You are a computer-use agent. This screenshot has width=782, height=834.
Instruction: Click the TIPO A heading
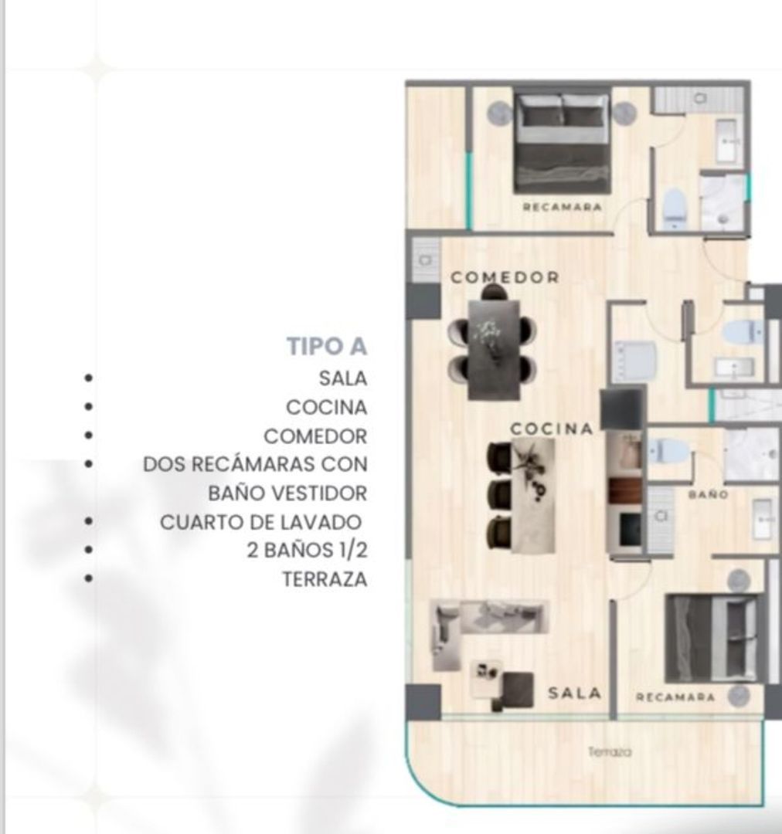(x=327, y=346)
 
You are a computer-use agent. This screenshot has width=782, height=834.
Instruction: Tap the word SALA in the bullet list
(x=343, y=378)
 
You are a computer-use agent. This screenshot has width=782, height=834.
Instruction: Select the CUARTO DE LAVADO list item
(x=260, y=522)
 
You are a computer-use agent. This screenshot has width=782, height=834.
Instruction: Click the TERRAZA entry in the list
(x=325, y=579)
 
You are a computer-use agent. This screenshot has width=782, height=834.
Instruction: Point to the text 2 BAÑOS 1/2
(x=307, y=551)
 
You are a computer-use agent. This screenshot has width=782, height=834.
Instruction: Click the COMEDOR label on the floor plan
(x=505, y=277)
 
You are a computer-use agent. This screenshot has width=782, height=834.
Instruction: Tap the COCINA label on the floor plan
(x=552, y=429)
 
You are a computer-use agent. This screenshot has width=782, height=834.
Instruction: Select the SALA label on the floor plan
(x=574, y=693)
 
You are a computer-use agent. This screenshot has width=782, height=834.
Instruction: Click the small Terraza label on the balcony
(x=610, y=751)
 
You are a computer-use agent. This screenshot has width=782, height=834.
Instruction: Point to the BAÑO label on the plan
(x=708, y=495)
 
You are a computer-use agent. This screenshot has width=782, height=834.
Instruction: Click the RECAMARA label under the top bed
(x=562, y=207)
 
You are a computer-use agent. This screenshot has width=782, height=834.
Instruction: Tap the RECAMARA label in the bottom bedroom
(x=675, y=697)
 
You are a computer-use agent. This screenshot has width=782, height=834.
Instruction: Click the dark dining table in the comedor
(x=494, y=350)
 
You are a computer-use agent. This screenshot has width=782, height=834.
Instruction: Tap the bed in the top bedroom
(x=562, y=144)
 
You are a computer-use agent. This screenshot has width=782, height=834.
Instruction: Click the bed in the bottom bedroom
(x=712, y=639)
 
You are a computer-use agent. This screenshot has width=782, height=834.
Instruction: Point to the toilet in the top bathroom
(x=674, y=208)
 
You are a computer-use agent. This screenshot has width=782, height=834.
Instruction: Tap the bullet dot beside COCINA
(x=88, y=407)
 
